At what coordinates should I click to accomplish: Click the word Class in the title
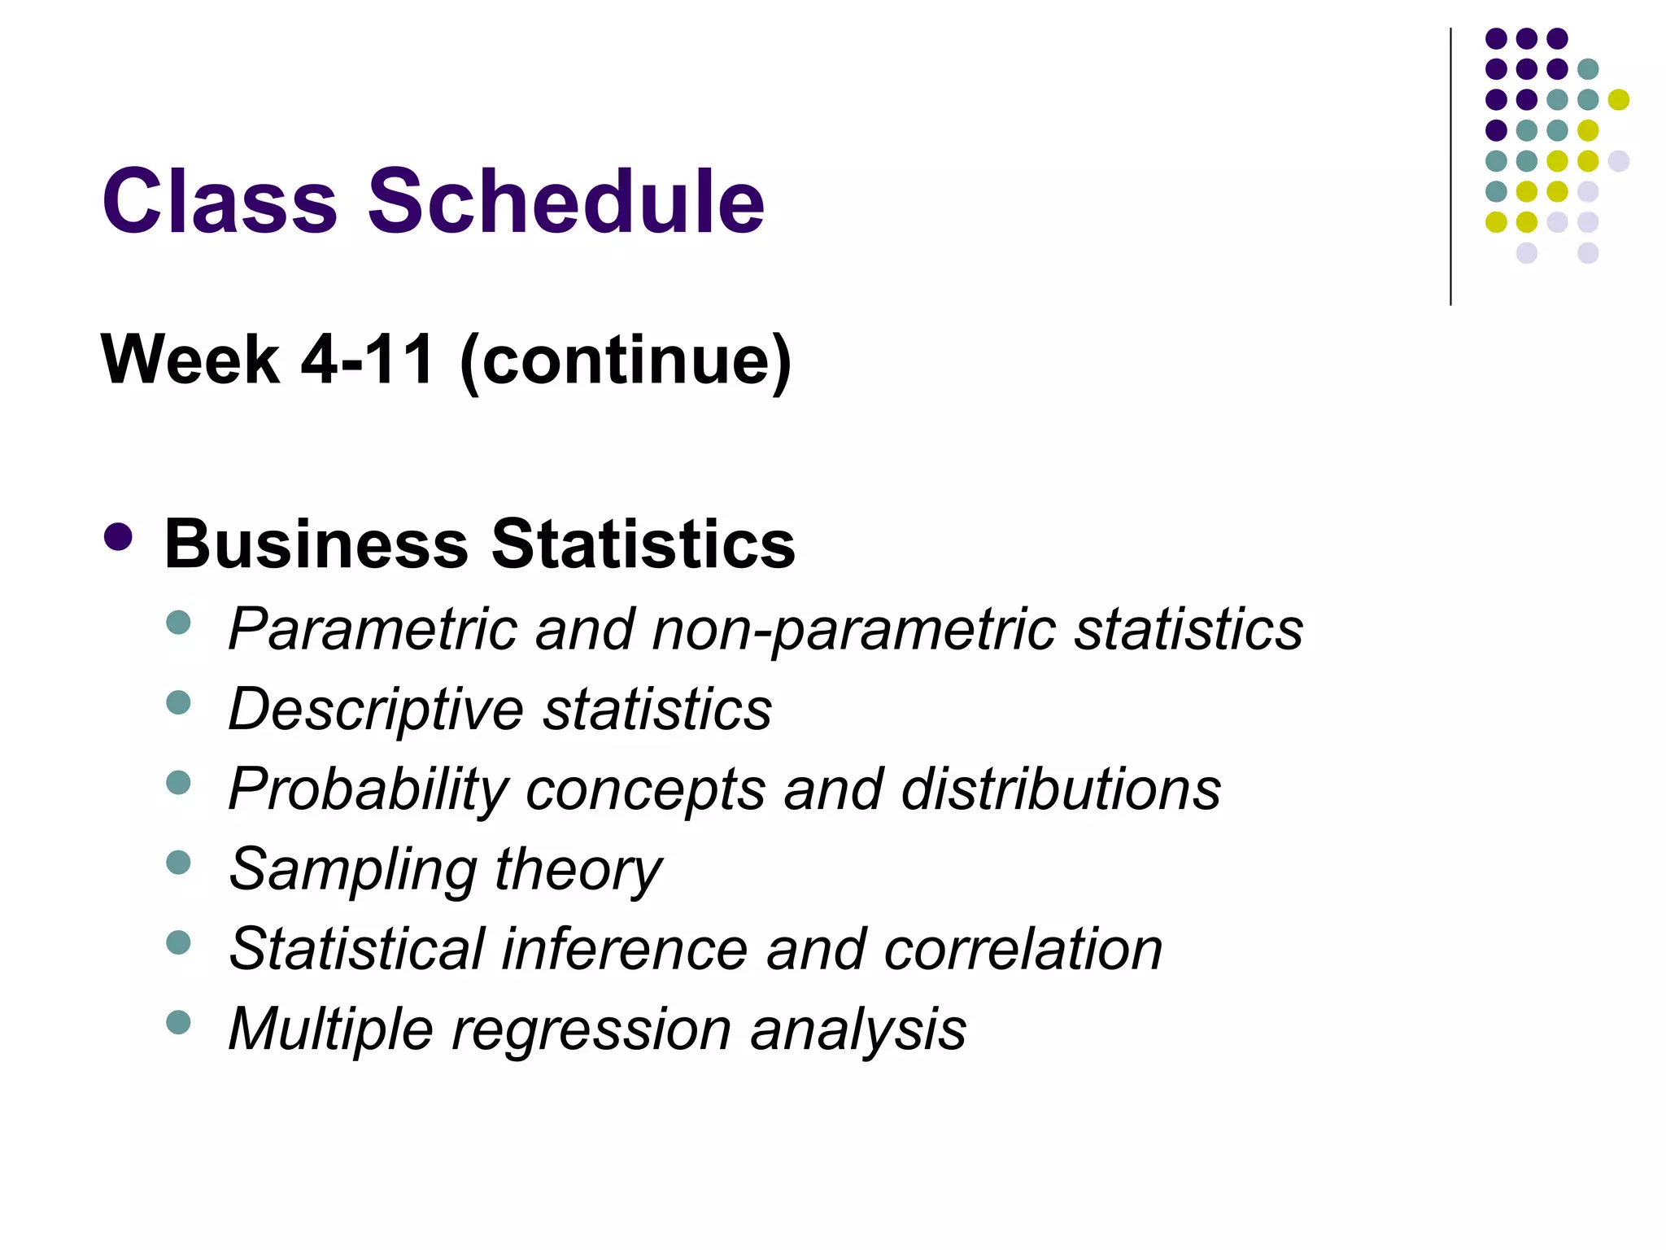click(x=219, y=201)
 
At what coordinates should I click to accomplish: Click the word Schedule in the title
click(x=566, y=201)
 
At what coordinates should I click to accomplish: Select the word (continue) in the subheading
click(x=626, y=361)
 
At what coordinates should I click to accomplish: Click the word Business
click(x=316, y=544)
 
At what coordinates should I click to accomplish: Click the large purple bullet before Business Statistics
click(x=119, y=537)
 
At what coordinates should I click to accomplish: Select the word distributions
click(x=1061, y=789)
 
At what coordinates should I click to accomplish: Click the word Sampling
click(x=351, y=870)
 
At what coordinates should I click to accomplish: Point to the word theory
click(x=578, y=870)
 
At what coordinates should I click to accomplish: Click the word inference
click(x=624, y=950)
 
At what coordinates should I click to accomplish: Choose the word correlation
click(x=1023, y=950)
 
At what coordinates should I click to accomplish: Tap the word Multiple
click(x=329, y=1029)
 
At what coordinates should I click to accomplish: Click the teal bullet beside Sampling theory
click(x=178, y=862)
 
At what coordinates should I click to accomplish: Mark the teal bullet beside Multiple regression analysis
click(x=178, y=1022)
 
